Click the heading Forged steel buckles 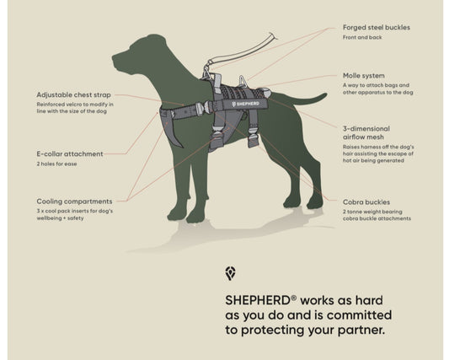point(377,28)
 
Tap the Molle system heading point(364,76)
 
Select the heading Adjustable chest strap point(73,95)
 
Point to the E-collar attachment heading point(70,154)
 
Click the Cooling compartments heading point(74,201)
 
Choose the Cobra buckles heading point(366,202)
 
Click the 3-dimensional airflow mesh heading point(366,132)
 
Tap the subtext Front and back point(362,37)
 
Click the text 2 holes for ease point(56,164)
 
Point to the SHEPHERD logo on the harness point(246,104)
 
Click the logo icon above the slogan point(230,273)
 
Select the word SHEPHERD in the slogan point(258,300)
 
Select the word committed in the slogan point(359,315)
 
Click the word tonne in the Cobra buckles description point(355,212)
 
